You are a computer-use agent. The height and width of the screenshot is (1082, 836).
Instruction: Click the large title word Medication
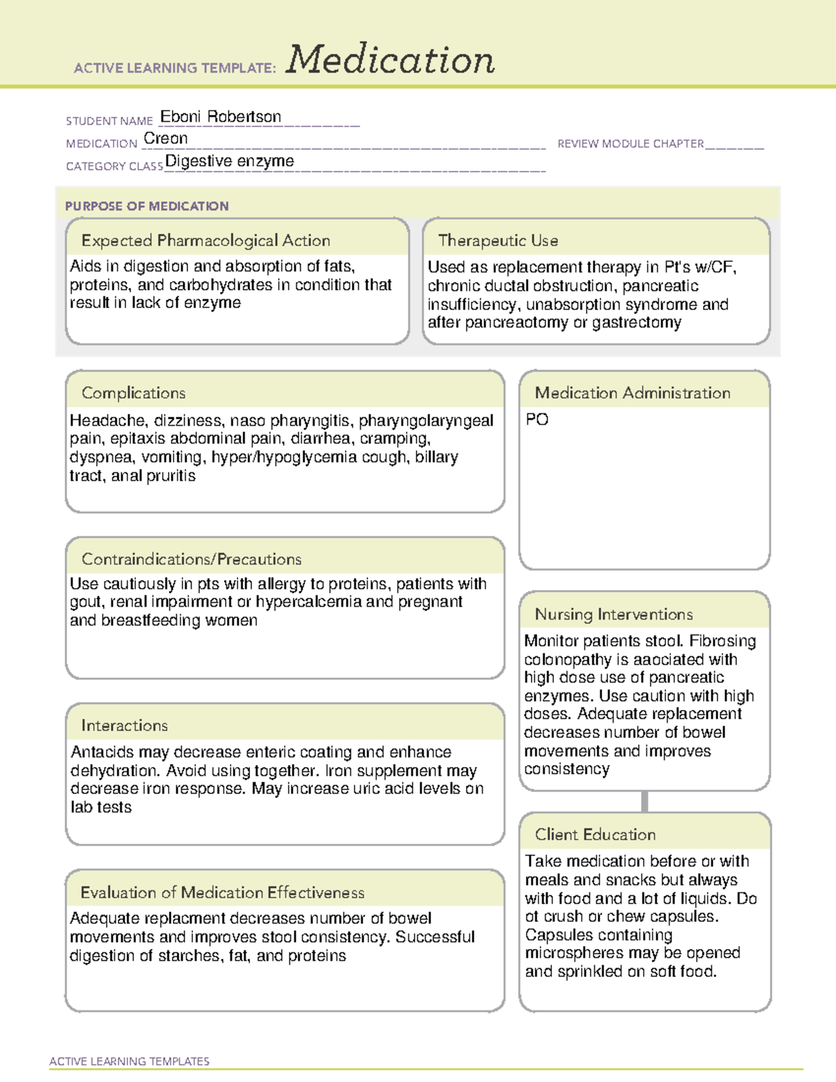[x=389, y=60]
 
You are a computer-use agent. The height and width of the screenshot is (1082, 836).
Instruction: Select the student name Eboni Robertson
[x=220, y=117]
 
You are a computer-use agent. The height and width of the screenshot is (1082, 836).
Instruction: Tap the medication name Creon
[x=165, y=139]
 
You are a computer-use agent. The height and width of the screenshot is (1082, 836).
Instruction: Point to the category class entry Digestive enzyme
[x=229, y=162]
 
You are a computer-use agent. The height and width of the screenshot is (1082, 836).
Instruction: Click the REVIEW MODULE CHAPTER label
[x=630, y=144]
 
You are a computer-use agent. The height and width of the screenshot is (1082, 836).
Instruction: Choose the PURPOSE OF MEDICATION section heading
[x=146, y=206]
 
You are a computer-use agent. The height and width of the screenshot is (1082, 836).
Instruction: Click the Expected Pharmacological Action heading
[x=206, y=240]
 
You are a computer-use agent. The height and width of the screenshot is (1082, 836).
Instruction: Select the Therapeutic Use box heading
[x=497, y=240]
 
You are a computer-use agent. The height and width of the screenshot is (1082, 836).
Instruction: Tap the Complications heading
[x=133, y=393]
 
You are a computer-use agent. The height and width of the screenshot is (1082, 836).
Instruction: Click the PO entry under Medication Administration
[x=536, y=419]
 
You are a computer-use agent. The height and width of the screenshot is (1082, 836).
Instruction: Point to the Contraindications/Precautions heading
[x=191, y=559]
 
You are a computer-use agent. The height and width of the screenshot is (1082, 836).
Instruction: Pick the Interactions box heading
[x=124, y=725]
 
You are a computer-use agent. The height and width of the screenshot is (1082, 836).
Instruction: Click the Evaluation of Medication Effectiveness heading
[x=222, y=892]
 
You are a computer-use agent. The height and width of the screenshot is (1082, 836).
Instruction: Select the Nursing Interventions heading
[x=613, y=614]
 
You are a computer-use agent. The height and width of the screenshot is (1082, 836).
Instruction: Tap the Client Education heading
[x=595, y=834]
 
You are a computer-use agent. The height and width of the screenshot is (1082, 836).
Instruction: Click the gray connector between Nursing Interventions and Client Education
[x=644, y=801]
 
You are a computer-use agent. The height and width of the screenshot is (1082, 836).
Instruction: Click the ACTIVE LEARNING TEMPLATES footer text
[x=129, y=1061]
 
